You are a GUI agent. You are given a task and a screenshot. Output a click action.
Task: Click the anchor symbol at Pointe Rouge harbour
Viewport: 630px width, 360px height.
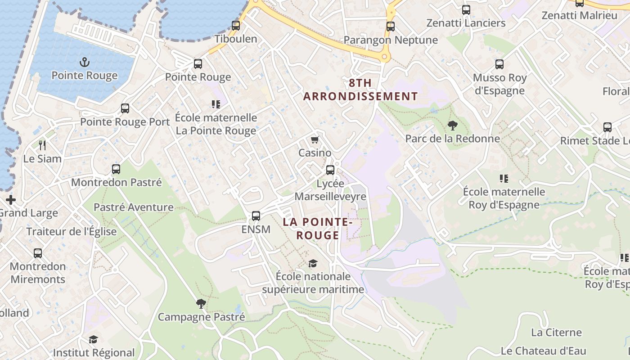pos(84,62)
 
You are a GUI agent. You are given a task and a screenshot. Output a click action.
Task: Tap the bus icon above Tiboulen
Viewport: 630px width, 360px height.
pos(236,26)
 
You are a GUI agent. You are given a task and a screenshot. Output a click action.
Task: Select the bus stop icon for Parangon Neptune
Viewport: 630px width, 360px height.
pos(391,27)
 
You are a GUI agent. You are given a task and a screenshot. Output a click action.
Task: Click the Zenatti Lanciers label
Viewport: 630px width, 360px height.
pos(466,23)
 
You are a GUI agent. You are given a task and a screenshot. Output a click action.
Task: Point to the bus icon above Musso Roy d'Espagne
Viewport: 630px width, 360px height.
pos(499,64)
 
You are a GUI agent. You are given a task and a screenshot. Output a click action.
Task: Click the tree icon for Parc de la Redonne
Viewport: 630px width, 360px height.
pos(452,126)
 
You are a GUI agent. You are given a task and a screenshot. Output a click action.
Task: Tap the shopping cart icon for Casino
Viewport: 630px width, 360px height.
pos(315,140)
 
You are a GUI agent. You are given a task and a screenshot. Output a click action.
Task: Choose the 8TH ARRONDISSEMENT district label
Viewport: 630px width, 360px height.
pos(360,90)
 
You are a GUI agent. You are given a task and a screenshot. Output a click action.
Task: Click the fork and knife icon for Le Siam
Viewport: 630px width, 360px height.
pos(43,145)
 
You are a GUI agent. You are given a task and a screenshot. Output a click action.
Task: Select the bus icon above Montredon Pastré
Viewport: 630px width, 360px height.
pos(116,169)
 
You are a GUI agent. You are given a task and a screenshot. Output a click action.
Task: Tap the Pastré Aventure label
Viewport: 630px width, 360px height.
pos(134,207)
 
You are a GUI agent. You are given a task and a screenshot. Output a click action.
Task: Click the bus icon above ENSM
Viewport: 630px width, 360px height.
pos(256,216)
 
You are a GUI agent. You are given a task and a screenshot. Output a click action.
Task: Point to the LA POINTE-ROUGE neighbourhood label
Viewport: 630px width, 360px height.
pos(317,229)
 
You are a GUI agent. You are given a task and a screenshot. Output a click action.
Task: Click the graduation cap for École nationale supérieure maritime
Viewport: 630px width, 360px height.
pos(313,263)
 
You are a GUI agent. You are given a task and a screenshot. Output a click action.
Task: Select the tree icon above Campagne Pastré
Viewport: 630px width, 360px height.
pos(201,304)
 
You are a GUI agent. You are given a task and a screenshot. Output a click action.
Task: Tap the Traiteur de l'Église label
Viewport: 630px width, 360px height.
pos(72,232)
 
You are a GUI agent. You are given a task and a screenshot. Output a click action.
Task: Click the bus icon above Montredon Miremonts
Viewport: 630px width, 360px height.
pos(38,253)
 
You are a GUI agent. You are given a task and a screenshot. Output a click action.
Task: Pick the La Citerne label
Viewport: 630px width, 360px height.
pos(556,333)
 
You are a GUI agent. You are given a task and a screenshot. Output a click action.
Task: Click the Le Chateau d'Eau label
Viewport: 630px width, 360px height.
pos(543,351)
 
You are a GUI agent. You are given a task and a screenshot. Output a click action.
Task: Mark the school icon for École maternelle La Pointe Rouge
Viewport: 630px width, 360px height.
pos(216,104)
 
